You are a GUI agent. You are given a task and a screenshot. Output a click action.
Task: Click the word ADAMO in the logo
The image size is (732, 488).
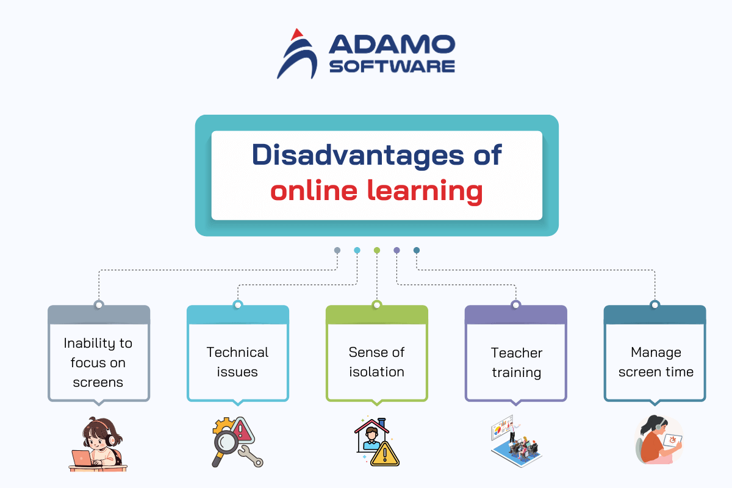tap(392, 44)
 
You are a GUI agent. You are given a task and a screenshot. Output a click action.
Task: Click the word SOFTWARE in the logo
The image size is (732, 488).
tap(392, 66)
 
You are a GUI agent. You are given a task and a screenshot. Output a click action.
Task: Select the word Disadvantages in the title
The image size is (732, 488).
tap(357, 156)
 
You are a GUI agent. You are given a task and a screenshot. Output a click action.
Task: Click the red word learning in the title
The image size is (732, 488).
tap(425, 191)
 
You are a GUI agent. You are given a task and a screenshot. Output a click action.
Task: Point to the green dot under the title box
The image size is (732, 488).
tap(377, 250)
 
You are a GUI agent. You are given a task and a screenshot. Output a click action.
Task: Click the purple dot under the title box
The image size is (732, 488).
tap(396, 250)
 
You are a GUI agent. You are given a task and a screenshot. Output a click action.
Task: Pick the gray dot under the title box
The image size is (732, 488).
tap(337, 250)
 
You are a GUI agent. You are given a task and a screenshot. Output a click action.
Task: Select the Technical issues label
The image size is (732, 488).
tap(237, 362)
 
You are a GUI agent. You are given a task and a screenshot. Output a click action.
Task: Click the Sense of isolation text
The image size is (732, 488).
tap(376, 362)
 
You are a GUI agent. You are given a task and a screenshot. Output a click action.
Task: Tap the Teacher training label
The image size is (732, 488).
tap(516, 363)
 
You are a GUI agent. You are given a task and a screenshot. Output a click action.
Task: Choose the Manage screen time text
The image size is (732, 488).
tap(656, 362)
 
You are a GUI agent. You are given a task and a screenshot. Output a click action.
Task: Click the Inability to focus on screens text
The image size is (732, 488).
tap(98, 362)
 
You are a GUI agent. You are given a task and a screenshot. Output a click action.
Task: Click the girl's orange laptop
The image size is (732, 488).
tap(82, 458)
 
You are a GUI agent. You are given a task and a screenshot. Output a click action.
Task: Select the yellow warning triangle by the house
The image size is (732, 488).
tap(385, 454)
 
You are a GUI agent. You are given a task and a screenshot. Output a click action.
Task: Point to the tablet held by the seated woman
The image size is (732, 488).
tap(672, 441)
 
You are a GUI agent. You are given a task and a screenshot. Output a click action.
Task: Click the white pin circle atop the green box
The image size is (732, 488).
tap(377, 305)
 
